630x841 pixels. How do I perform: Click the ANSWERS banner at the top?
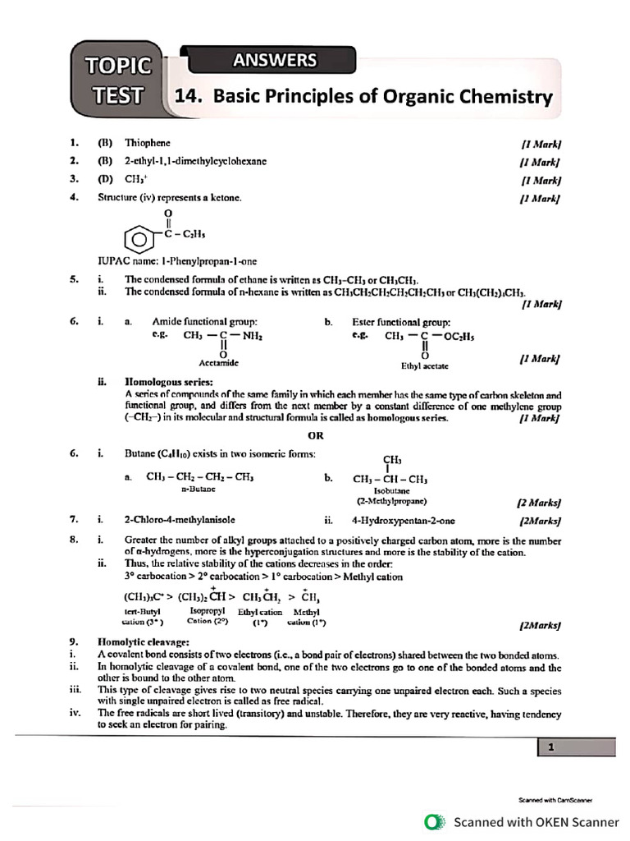(274, 60)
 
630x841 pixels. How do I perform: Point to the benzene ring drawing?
(138, 241)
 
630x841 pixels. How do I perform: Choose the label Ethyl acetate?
(424, 365)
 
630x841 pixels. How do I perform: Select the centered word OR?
(316, 434)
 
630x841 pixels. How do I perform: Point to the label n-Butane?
(198, 488)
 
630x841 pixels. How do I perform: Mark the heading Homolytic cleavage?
(144, 641)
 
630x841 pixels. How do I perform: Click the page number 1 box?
(552, 747)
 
